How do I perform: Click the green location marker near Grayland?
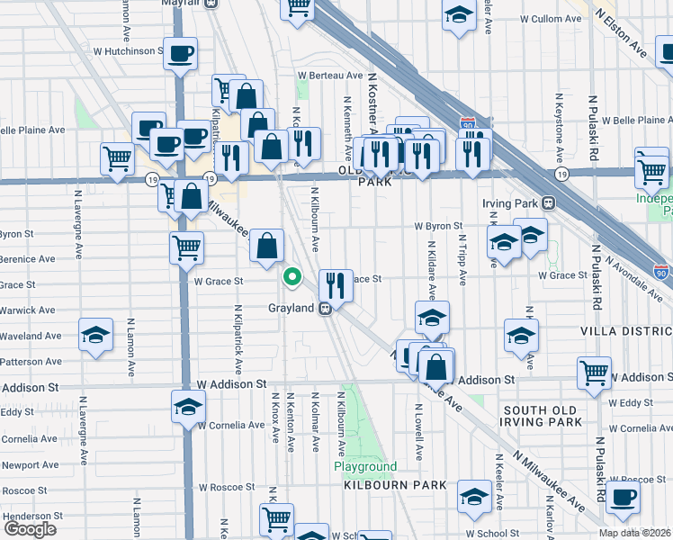point(292,277)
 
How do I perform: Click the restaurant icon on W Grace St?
point(336,285)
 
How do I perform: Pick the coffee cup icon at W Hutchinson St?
point(180,54)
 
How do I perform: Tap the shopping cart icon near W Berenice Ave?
point(186,246)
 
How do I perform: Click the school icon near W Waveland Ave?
point(95,335)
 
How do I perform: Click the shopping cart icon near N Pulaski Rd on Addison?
point(594,373)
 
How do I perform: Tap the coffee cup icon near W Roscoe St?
point(622,496)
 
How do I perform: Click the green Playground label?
point(365,467)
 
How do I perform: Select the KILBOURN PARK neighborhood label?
point(395,485)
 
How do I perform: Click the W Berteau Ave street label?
point(330,75)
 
